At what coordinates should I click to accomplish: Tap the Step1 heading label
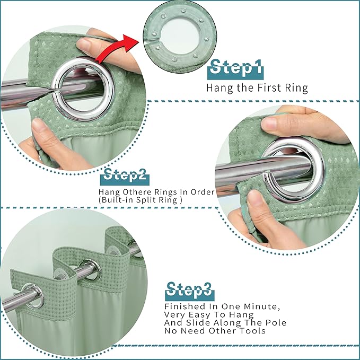[x=235, y=69]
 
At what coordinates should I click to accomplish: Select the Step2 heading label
[x=125, y=177]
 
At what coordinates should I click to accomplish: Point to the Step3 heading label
[x=189, y=291]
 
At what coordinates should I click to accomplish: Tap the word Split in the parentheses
[x=145, y=200]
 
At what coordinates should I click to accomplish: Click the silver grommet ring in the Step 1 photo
[x=83, y=89]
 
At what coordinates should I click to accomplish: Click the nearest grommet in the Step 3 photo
[x=34, y=296]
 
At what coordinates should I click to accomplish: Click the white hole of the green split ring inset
[x=180, y=36]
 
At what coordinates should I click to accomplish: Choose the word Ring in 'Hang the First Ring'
[x=296, y=88]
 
